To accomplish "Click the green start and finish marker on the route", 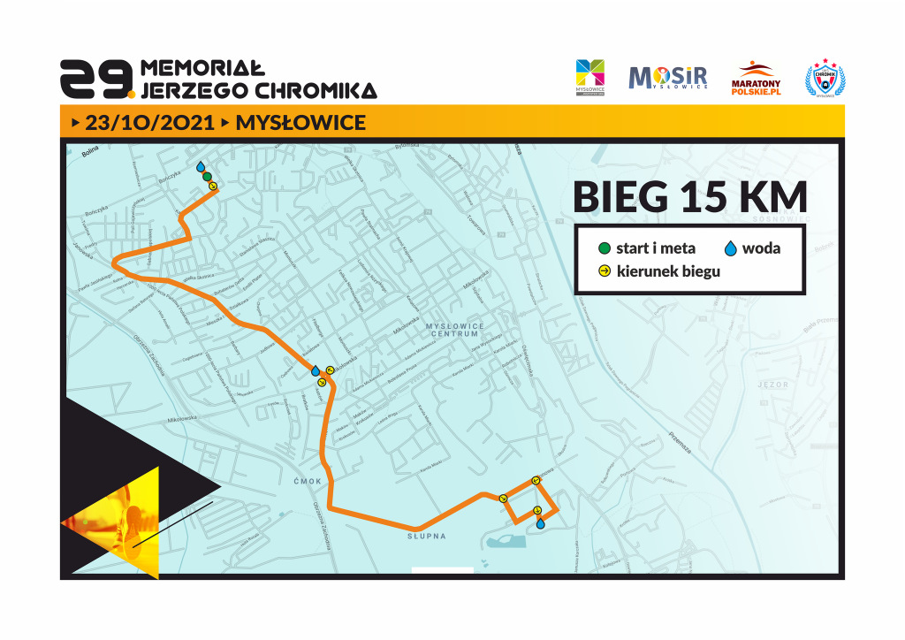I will (x=207, y=177).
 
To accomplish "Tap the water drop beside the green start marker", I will (x=201, y=167).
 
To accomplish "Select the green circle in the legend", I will (x=604, y=248).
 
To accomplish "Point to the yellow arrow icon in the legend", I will (x=604, y=270).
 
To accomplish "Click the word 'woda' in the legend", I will (x=761, y=248).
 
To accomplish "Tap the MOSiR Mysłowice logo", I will (x=667, y=78).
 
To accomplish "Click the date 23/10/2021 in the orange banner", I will (x=149, y=122).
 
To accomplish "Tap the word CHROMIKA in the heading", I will (x=316, y=90).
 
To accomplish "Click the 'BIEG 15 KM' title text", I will (x=689, y=196).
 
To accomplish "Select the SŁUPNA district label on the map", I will (x=427, y=537).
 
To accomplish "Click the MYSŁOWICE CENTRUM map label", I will (x=455, y=330).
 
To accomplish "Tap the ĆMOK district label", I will (x=301, y=482).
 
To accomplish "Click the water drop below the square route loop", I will (x=540, y=523).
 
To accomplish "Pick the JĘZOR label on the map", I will (x=772, y=385).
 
